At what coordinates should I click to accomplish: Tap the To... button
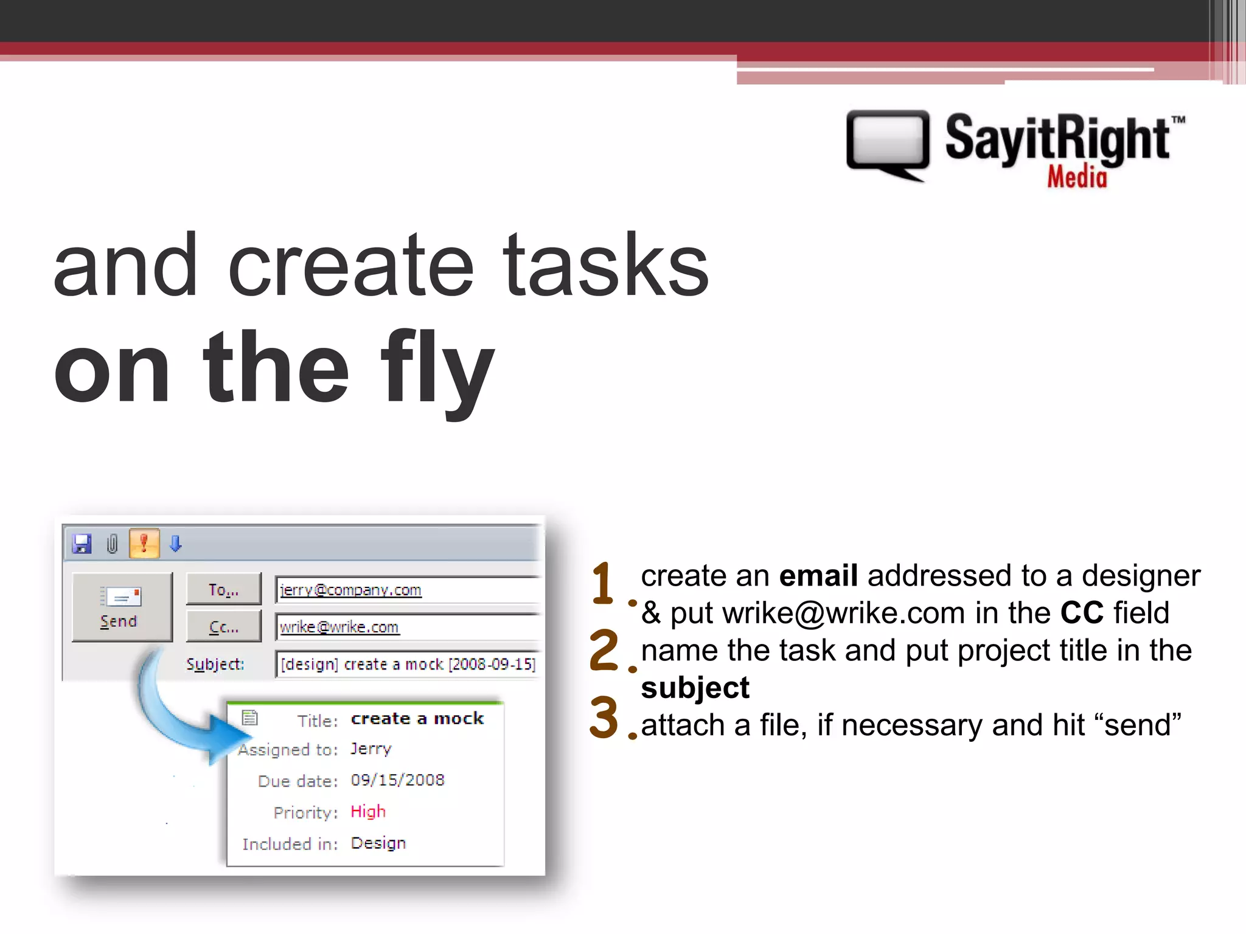[x=223, y=589]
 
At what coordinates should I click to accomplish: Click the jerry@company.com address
[x=350, y=590]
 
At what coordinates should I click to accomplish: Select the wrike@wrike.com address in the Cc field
[x=339, y=627]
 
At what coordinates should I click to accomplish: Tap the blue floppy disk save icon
[x=82, y=544]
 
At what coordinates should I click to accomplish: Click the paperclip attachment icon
[x=113, y=544]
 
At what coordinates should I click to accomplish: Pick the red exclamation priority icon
[x=144, y=543]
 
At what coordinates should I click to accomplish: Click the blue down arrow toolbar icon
[x=176, y=543]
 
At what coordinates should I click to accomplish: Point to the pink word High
[x=368, y=811]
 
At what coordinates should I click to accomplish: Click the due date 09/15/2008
[x=397, y=780]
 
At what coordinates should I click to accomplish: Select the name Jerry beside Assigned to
[x=371, y=749]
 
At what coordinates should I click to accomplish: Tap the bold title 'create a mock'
[x=417, y=719]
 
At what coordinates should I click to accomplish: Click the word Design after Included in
[x=378, y=843]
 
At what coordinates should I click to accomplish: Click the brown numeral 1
[x=603, y=583]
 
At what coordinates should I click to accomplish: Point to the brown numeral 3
[x=604, y=717]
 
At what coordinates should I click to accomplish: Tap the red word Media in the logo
[x=1077, y=178]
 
